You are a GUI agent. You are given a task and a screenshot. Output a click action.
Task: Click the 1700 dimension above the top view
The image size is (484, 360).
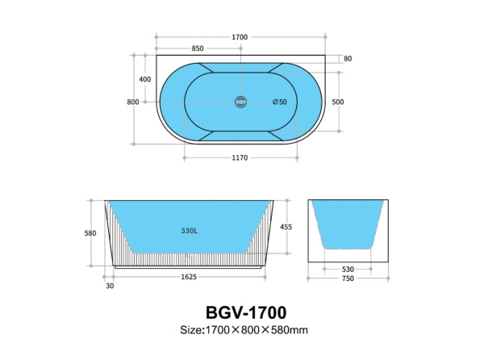[239, 37]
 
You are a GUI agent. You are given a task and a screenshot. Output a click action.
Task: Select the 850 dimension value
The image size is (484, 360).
[198, 48]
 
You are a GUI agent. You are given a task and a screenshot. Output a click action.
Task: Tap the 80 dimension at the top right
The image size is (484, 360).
[348, 59]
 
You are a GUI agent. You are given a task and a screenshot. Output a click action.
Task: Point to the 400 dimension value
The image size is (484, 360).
[145, 79]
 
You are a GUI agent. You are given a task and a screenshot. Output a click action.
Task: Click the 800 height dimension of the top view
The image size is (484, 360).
[133, 102]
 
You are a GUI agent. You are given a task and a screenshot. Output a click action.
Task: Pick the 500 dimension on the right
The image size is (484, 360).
[338, 102]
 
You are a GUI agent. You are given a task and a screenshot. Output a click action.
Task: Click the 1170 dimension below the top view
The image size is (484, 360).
[239, 157]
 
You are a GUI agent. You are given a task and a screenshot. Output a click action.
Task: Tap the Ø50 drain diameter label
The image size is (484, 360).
[280, 102]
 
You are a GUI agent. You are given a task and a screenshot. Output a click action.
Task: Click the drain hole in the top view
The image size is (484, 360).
[239, 102]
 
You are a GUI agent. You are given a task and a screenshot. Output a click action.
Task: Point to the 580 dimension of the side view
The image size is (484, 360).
[90, 233]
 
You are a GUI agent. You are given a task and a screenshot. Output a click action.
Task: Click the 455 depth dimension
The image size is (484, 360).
[286, 228]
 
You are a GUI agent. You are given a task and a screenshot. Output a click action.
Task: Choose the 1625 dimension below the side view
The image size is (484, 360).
[190, 276]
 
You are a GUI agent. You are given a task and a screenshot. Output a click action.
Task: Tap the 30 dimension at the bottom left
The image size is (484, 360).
[109, 284]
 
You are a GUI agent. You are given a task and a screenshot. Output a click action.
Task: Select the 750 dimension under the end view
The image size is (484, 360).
[348, 280]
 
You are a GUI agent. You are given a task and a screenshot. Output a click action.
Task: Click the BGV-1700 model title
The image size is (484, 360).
[242, 311]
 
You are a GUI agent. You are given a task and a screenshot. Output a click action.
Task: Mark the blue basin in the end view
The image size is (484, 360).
[348, 222]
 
